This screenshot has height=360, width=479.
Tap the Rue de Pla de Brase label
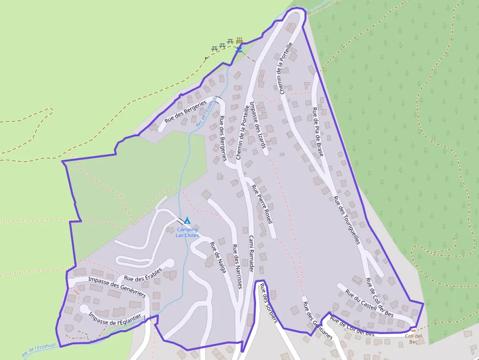(x=318, y=132)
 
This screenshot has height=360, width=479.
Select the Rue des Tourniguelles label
(x=346, y=219)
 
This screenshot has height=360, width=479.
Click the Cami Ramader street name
(x=250, y=254)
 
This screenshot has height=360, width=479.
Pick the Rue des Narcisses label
(x=237, y=266)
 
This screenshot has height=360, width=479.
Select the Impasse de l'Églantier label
(x=115, y=319)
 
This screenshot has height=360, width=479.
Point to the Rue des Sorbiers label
(x=268, y=303)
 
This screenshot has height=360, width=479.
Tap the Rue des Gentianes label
(x=318, y=320)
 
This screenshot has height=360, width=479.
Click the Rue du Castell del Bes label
(x=369, y=303)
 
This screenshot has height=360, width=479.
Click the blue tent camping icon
(x=187, y=221)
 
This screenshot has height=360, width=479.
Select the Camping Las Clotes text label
(x=187, y=232)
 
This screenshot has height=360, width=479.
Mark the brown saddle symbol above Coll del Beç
(x=414, y=330)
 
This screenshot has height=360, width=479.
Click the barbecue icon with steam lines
(x=239, y=41)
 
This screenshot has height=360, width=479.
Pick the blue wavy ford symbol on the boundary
(x=239, y=49)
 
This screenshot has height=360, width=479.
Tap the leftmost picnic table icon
(x=214, y=48)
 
